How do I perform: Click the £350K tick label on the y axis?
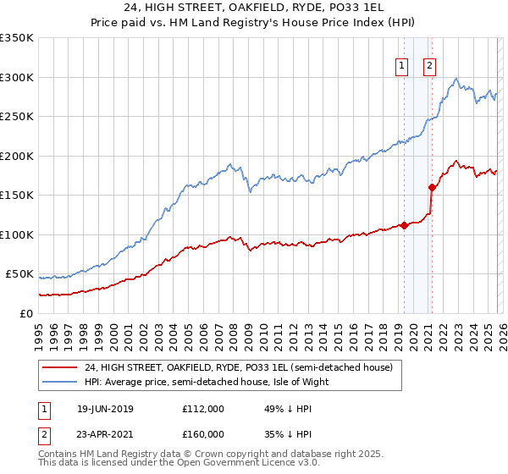click(17, 38)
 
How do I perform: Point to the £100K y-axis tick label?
click(17, 234)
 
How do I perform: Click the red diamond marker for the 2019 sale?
click(404, 225)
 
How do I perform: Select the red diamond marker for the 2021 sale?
click(432, 187)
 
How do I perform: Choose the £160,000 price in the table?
click(202, 433)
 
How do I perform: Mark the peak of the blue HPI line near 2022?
click(456, 79)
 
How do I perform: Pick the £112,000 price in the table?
click(202, 409)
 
